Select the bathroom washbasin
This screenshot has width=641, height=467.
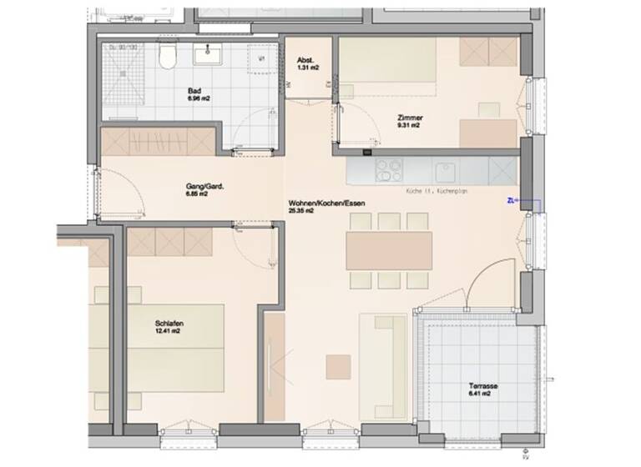click(205, 55)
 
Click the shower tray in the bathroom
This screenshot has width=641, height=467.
click(124, 70)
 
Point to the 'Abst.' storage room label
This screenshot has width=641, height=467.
click(305, 60)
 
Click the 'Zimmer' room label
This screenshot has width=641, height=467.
click(410, 118)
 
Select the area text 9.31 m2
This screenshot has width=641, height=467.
click(410, 127)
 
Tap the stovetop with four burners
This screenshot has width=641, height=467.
click(390, 171)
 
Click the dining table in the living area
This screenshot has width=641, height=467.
click(390, 249)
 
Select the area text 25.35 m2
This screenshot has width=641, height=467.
click(301, 212)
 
